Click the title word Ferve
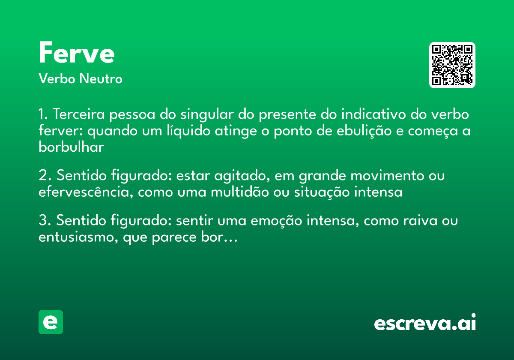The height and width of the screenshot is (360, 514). click(77, 53)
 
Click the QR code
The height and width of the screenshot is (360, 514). click(452, 65)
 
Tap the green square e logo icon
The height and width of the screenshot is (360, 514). click(51, 322)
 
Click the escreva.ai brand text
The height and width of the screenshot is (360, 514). click(425, 323)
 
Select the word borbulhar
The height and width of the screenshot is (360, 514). click(71, 147)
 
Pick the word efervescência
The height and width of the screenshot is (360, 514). click(86, 192)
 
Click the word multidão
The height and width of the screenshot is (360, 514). click(240, 192)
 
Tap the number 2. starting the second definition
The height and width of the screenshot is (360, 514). click(45, 176)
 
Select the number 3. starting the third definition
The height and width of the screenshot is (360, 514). click(45, 221)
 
